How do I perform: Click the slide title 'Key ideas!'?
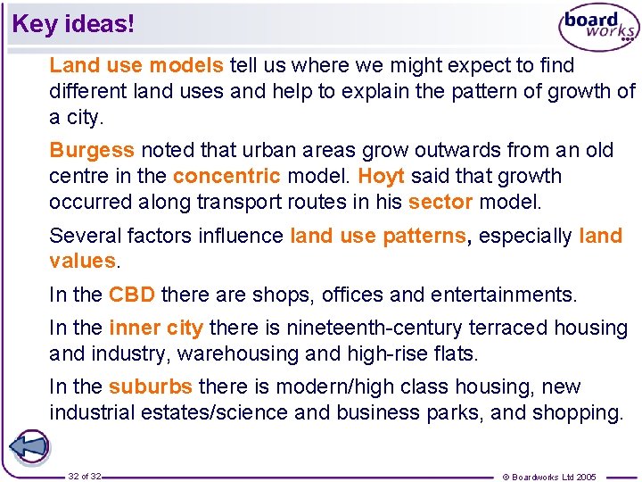tap(73, 24)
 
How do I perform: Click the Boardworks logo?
tap(598, 29)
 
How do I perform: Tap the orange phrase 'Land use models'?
tap(136, 65)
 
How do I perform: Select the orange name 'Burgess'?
tap(92, 150)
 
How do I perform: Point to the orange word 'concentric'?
tap(226, 176)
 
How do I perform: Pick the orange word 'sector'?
tap(440, 202)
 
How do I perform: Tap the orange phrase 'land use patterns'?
tap(378, 236)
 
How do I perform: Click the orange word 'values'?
tap(82, 262)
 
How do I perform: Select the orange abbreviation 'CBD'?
tap(132, 295)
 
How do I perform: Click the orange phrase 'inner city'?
tap(156, 328)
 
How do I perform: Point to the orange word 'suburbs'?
tap(150, 387)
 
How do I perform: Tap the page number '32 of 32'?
tap(84, 477)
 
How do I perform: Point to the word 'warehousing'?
tap(238, 354)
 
